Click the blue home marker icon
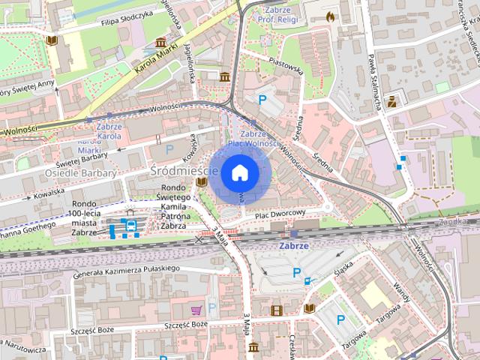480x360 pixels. (239, 172)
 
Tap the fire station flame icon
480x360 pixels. (331, 15)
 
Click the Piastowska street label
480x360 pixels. (284, 70)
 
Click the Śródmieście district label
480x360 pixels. (183, 171)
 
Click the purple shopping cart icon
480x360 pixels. (196, 308)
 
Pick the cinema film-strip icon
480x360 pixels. (277, 309)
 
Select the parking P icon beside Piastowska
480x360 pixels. (262, 100)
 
